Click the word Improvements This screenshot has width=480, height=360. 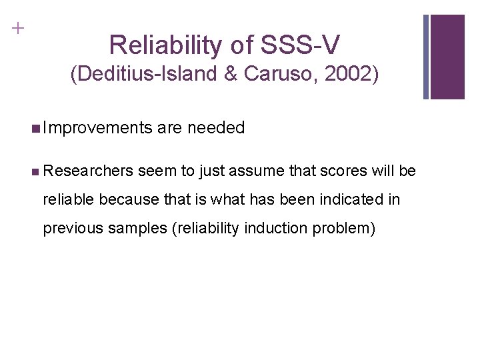[97, 127]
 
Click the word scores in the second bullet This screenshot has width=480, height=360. [342, 171]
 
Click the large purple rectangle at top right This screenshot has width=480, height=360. [447, 57]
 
